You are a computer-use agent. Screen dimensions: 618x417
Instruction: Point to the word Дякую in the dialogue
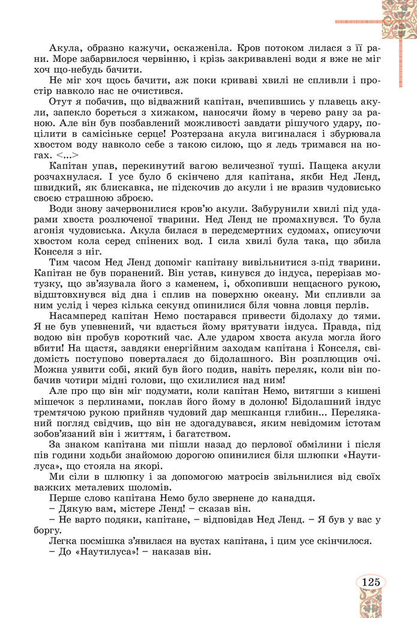coord(72,509)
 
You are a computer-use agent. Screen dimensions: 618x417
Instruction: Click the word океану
coord(308,294)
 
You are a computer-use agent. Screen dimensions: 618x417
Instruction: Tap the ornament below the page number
coord(372,604)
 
